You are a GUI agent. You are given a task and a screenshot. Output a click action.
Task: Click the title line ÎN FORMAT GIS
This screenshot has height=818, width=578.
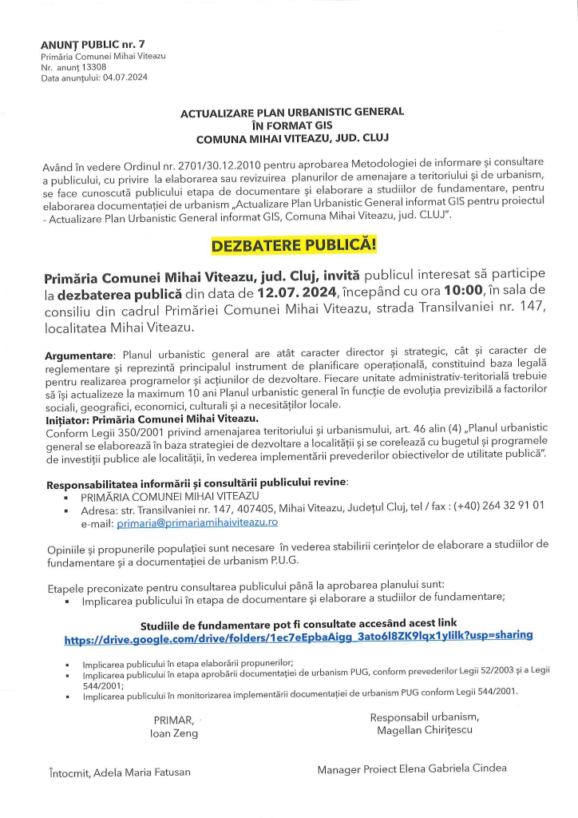tap(291, 125)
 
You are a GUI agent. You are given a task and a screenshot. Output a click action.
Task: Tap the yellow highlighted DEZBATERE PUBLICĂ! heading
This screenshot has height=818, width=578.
tap(293, 244)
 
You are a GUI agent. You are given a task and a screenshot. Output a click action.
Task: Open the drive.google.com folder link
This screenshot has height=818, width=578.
tap(299, 637)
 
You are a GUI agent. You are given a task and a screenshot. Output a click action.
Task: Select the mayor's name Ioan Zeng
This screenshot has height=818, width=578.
tap(174, 733)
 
